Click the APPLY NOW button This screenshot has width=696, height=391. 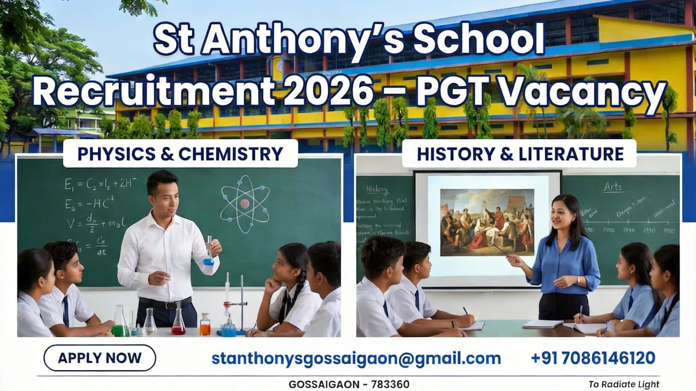coord(100,358)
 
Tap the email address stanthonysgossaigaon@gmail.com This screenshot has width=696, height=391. coord(356,358)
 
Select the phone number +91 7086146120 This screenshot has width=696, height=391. coord(593,358)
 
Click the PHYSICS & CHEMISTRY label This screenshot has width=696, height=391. coord(180,154)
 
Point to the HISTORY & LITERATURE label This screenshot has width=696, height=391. coord(520,154)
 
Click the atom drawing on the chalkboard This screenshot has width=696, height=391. coord(244,202)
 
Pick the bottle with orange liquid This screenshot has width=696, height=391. coord(205,325)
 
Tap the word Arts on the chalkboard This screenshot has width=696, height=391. coord(613,187)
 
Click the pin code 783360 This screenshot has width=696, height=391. coord(389,384)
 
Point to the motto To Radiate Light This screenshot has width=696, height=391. coord(624,384)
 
